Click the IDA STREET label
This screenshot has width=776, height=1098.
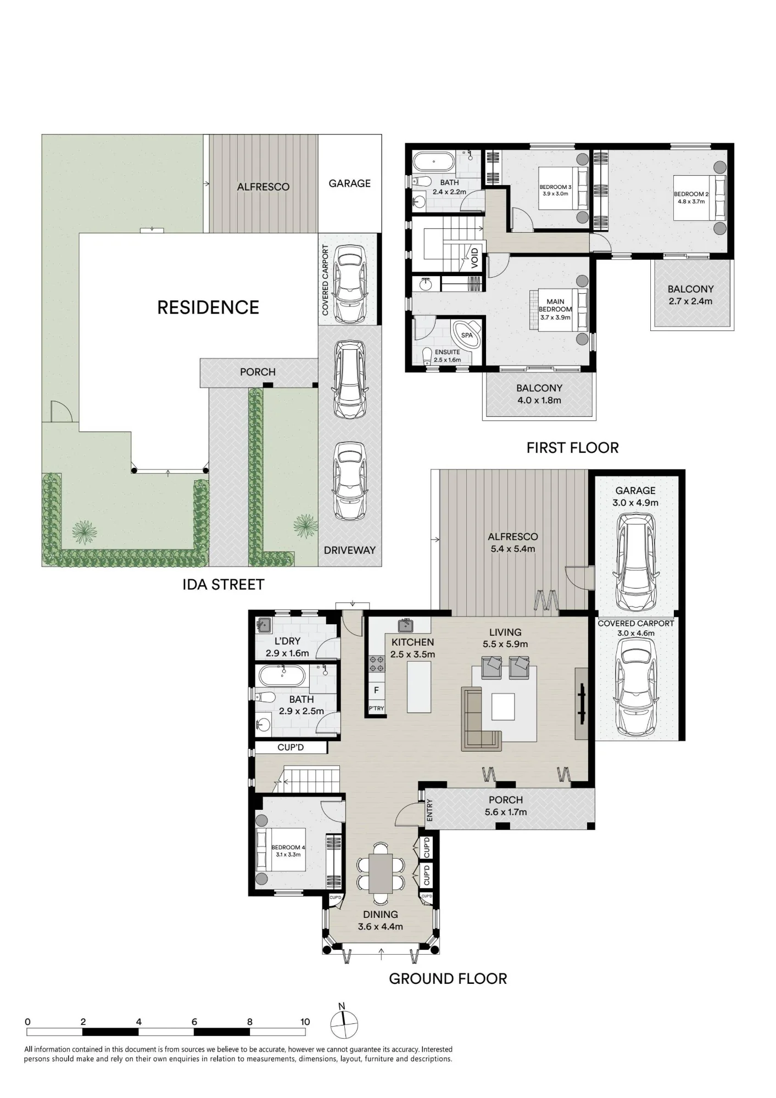click(x=223, y=584)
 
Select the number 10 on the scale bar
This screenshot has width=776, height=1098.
click(x=305, y=1022)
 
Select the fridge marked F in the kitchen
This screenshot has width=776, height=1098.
click(x=376, y=690)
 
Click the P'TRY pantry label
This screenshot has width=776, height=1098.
click(x=376, y=708)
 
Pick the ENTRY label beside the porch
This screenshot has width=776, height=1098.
click(x=430, y=810)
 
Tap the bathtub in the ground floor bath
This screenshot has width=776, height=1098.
click(x=281, y=676)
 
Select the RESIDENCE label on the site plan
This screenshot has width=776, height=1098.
click(x=208, y=307)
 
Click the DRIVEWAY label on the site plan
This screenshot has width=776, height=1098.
click(x=349, y=550)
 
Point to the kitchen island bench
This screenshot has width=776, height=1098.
click(x=418, y=687)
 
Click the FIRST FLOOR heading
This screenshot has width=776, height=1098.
click(x=572, y=448)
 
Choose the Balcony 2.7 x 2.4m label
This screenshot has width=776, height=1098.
click(x=691, y=295)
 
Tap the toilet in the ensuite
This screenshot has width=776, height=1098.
click(x=428, y=355)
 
